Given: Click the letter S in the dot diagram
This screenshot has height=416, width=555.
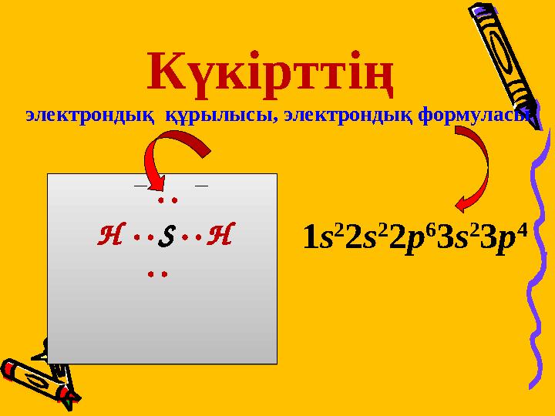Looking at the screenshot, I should (163, 236).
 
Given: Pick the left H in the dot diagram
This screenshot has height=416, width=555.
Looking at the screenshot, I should (109, 235).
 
